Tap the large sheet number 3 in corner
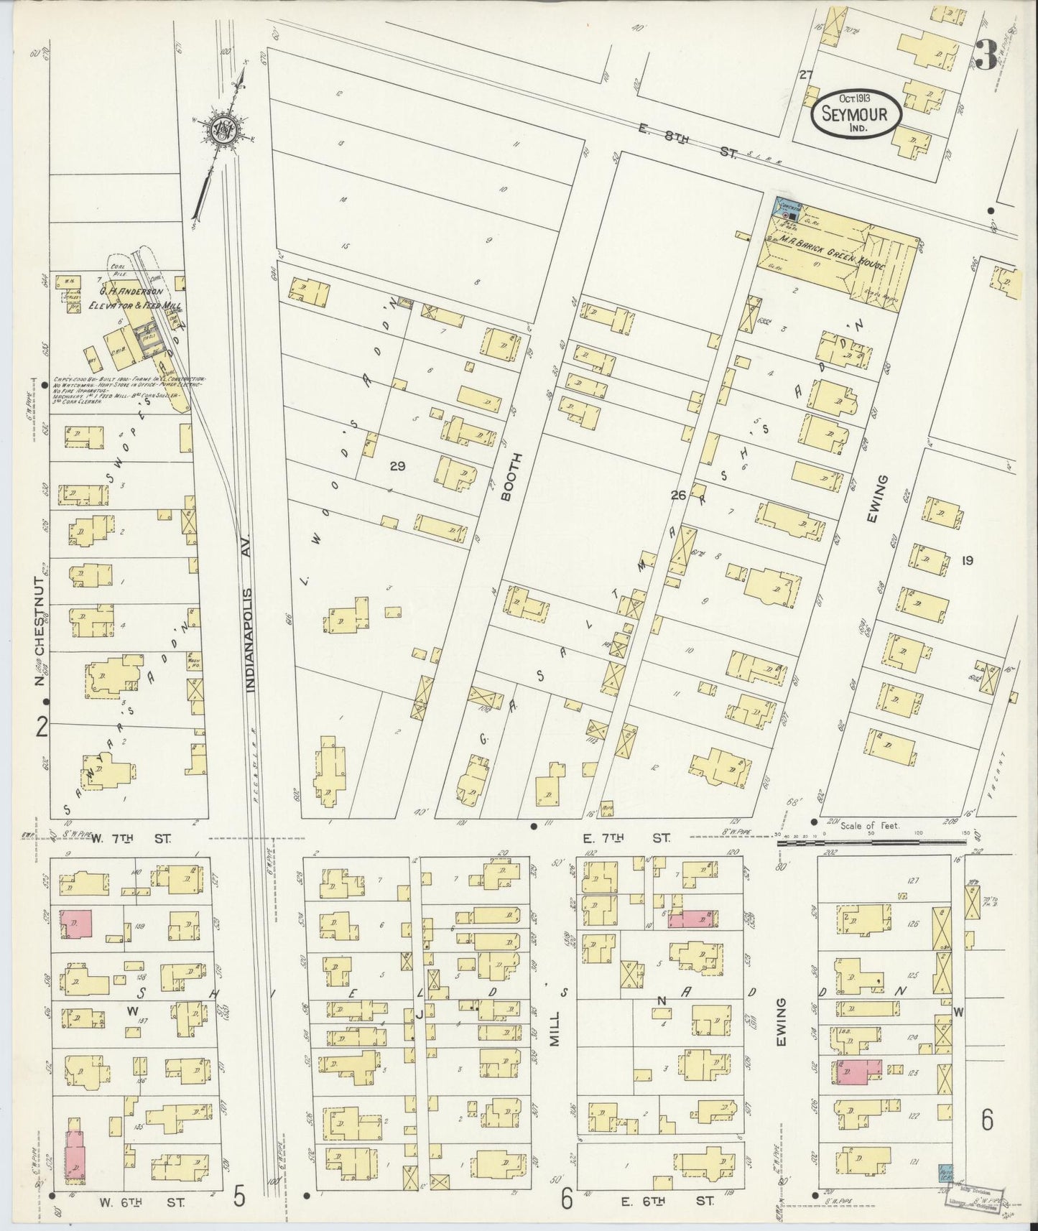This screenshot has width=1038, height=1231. pyautogui.click(x=986, y=55)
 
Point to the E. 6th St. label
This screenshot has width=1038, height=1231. pyautogui.click(x=664, y=1200)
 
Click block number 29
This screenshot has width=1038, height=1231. pyautogui.click(x=397, y=466)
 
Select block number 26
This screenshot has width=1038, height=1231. pyautogui.click(x=678, y=495)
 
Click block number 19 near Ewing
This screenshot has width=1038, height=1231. pyautogui.click(x=966, y=560)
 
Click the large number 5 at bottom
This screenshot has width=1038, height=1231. pyautogui.click(x=240, y=1197)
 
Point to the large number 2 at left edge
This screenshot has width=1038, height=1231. pyautogui.click(x=42, y=728)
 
